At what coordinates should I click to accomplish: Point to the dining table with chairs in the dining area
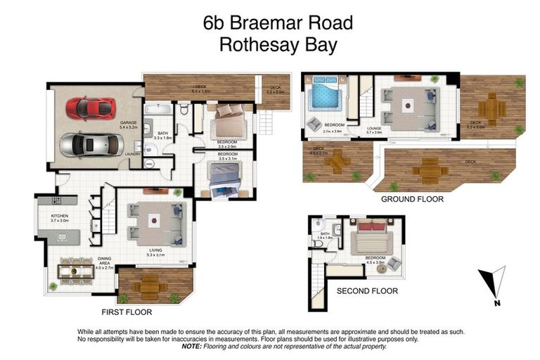click(76, 270)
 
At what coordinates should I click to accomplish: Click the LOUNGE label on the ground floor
click(373, 127)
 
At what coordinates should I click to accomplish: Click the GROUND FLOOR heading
click(412, 199)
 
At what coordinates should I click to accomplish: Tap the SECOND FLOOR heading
click(367, 290)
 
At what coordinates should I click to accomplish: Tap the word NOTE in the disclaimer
click(192, 346)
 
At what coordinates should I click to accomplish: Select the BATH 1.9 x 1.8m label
click(325, 237)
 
